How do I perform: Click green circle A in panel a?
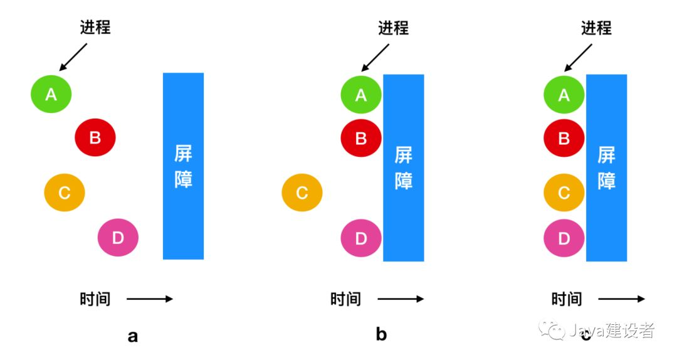51,94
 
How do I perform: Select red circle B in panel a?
95,137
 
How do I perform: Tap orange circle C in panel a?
65,193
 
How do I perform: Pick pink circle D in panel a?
118,237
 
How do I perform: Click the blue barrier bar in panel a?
183,166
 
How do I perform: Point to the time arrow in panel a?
149,299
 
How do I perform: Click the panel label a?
132,336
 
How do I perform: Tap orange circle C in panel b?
302,193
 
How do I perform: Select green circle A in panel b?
361,95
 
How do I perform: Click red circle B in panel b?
361,139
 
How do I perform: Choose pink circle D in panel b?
361,238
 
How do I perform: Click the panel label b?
381,334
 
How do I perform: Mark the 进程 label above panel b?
393,28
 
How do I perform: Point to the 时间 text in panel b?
345,299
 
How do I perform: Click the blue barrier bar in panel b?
404,167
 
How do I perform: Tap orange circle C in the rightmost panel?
564,193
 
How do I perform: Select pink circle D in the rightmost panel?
564,238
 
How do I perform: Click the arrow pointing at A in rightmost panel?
578,58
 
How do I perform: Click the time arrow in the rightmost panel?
621,299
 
